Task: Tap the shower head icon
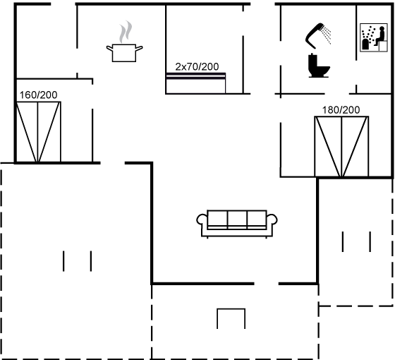315,35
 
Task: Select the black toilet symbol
318,65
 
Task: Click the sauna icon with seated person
374,37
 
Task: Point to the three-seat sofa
237,224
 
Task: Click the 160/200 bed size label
38,95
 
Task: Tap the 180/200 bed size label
341,110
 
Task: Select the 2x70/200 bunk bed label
197,67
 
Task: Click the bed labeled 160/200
38,132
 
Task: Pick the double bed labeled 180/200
341,147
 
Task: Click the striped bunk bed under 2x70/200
195,83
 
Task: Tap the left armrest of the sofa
202,220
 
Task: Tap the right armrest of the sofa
272,220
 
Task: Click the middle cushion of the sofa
237,220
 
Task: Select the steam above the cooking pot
126,32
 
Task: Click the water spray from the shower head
327,35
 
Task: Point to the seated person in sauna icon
379,36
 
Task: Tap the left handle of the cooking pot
109,48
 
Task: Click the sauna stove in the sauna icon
365,44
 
